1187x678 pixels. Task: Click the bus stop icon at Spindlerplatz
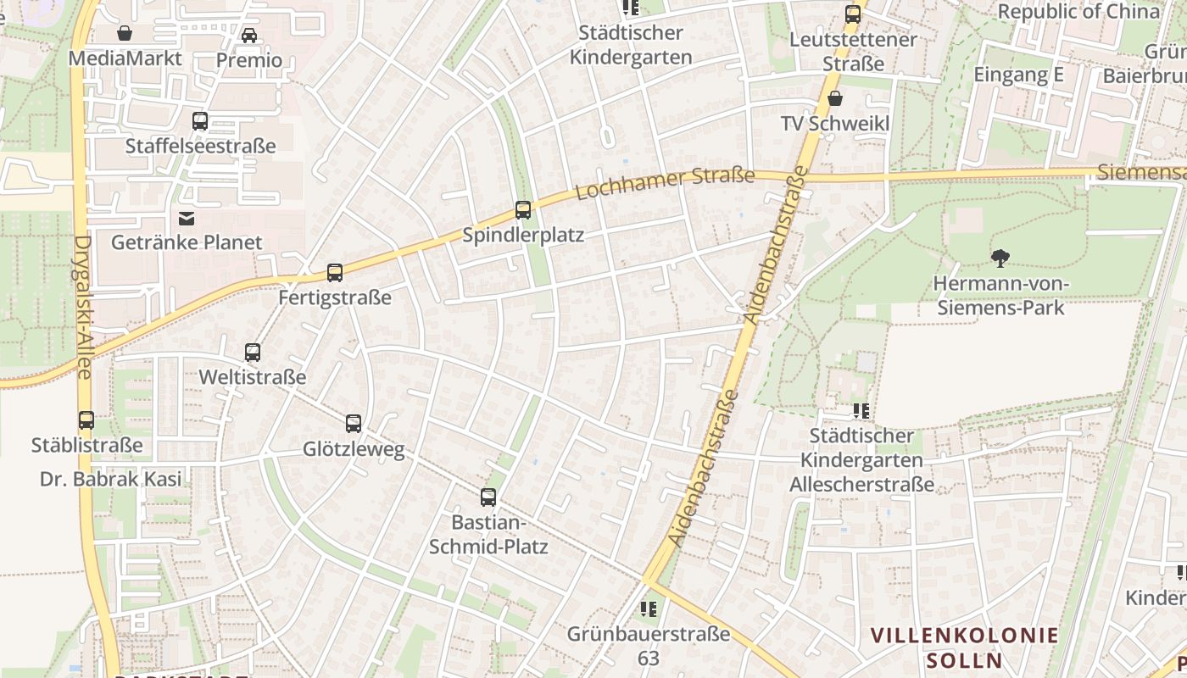click(523, 210)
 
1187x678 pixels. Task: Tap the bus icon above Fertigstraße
click(335, 273)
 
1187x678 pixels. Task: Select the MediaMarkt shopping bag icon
click(125, 33)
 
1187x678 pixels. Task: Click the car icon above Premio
click(249, 35)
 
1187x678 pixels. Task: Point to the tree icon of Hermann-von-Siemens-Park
click(1000, 258)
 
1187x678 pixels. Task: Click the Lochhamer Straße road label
click(665, 183)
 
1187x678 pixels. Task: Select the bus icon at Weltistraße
click(253, 353)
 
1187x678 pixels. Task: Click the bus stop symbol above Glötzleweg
click(354, 424)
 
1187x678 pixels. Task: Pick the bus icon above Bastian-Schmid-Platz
click(488, 497)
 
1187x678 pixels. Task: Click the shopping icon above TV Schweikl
click(835, 98)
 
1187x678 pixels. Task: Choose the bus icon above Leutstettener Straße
click(853, 14)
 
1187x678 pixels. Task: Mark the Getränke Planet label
click(187, 242)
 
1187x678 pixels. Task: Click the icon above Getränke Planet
click(187, 219)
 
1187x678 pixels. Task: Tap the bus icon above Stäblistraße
click(86, 420)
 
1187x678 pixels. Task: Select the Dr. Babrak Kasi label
click(111, 479)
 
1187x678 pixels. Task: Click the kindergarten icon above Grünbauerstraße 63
click(649, 609)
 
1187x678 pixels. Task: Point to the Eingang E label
click(1017, 75)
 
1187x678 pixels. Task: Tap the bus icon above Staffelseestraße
click(200, 121)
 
